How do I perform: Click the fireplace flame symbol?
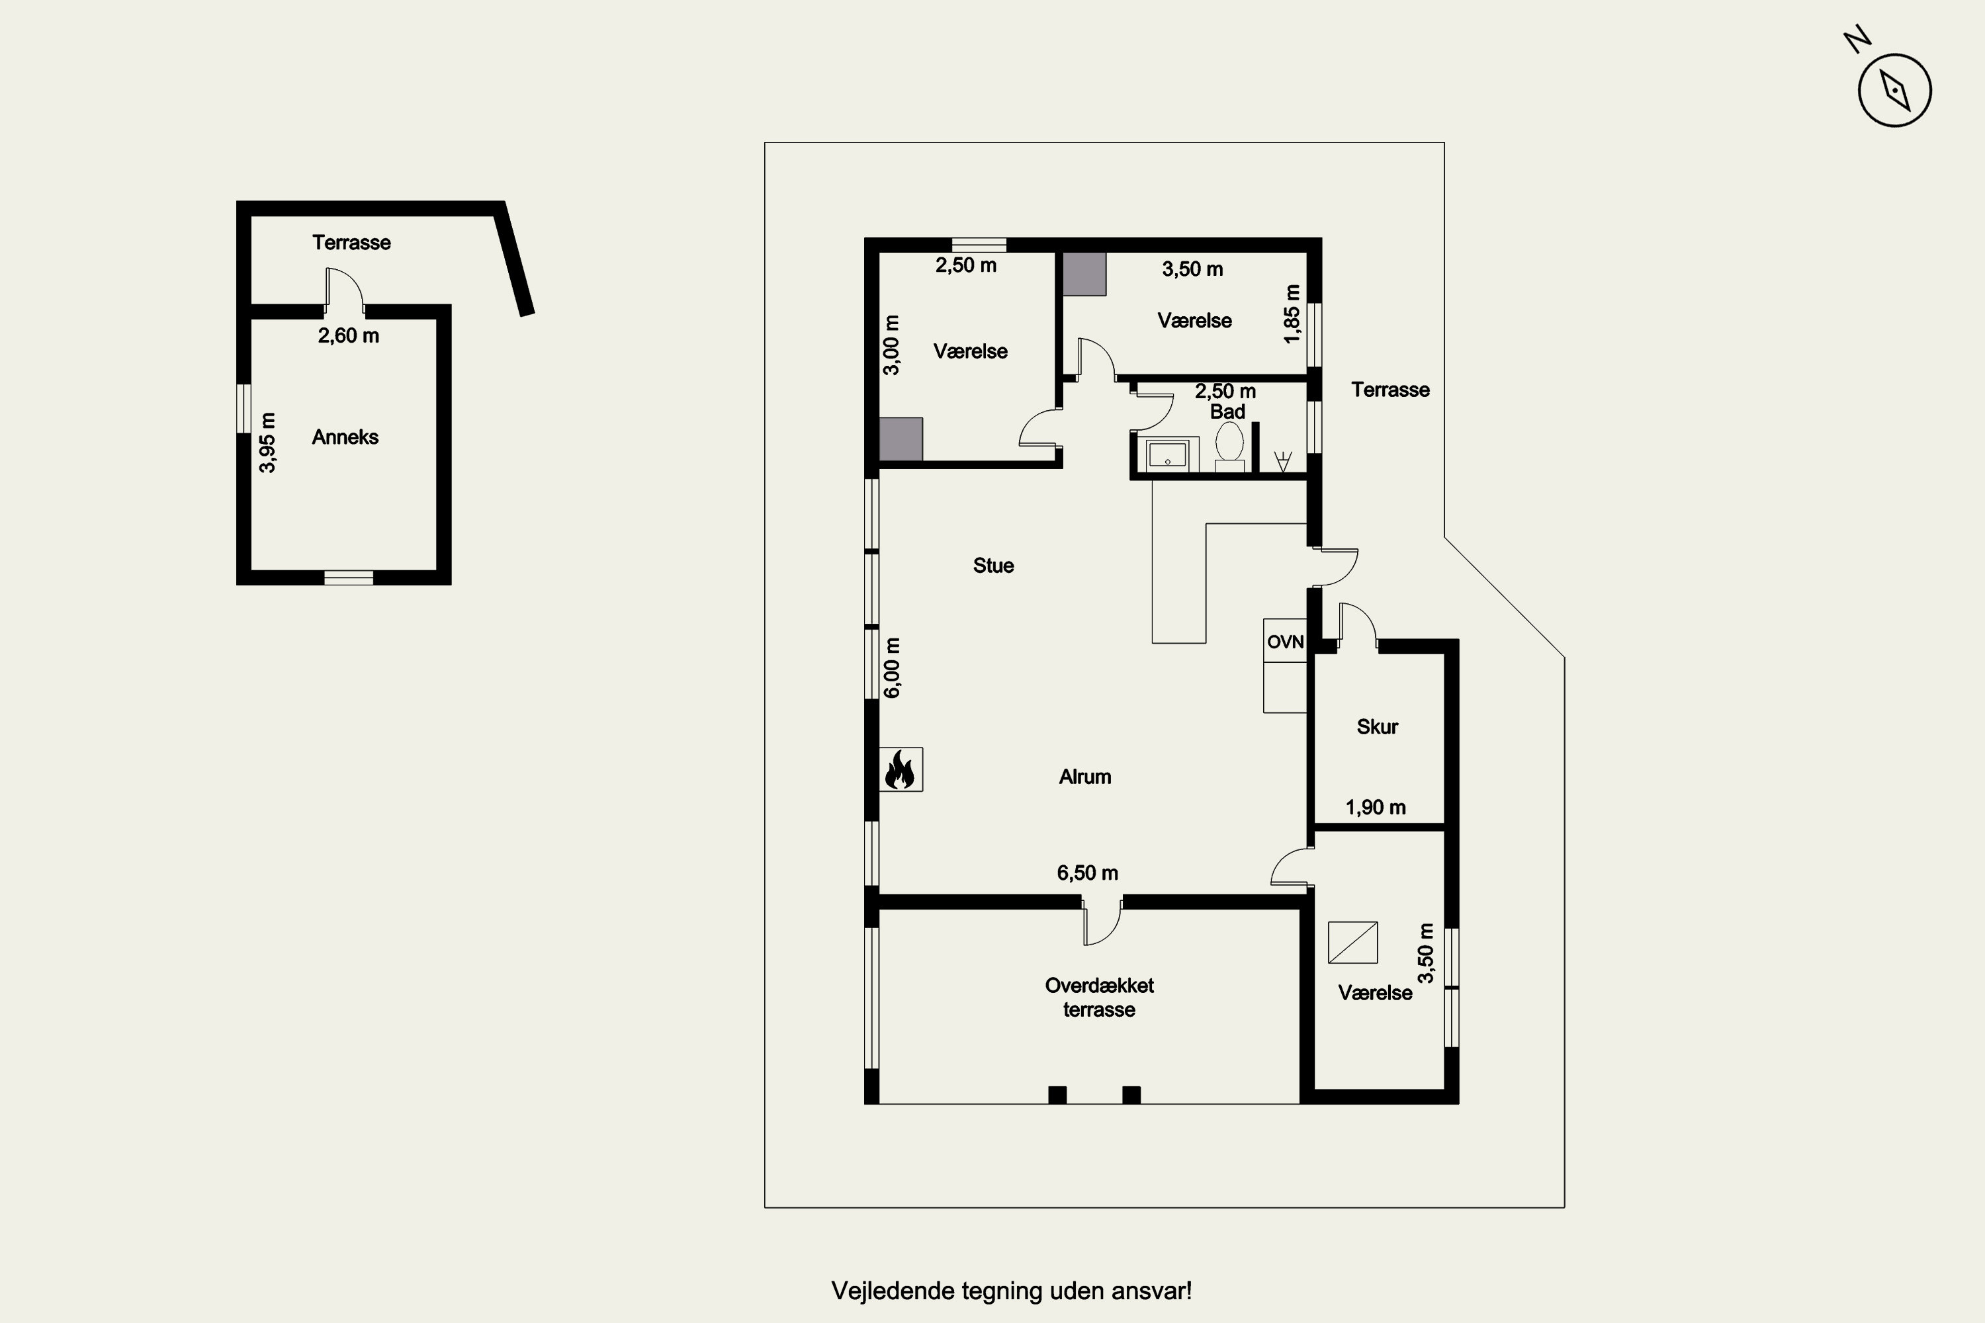[901, 769]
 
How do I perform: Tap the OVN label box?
[1284, 641]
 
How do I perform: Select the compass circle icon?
[1895, 90]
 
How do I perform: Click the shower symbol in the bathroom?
[1283, 460]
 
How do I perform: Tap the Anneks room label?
[345, 437]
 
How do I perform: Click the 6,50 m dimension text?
[1087, 873]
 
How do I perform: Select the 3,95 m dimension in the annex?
[267, 442]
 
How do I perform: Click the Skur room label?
[1378, 726]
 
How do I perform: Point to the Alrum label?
[1084, 776]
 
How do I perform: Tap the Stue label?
[993, 566]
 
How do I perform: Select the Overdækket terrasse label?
[1099, 998]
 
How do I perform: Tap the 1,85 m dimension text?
[1292, 314]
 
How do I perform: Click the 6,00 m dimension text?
[892, 667]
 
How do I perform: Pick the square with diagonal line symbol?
[1353, 943]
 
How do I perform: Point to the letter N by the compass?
[1857, 40]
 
